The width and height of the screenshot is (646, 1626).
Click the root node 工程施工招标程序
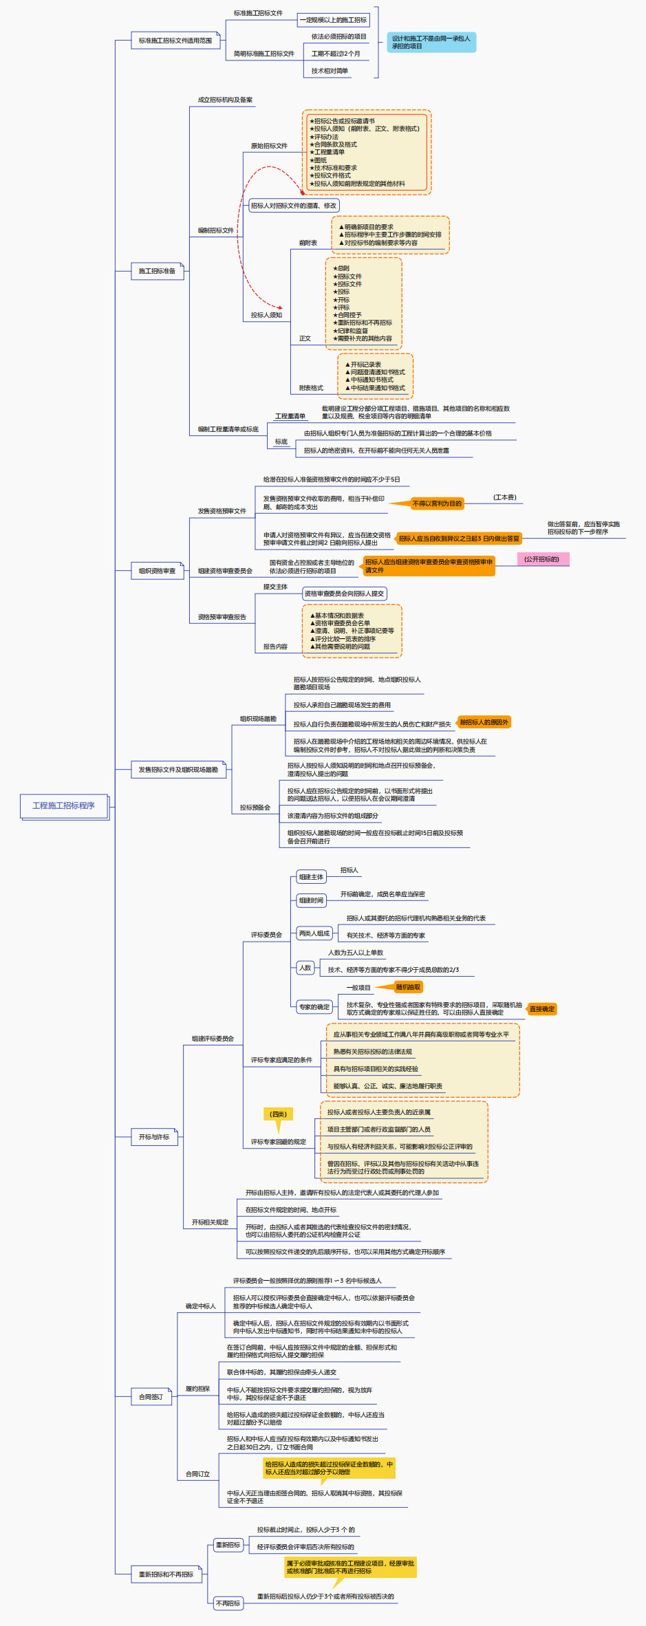tap(63, 805)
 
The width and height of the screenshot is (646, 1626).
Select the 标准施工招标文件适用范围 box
tap(175, 41)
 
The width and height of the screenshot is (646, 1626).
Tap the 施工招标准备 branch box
tap(157, 271)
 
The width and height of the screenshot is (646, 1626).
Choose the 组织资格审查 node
tap(157, 571)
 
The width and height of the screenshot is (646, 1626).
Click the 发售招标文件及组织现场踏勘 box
tap(178, 770)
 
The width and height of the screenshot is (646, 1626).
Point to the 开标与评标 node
tap(154, 1137)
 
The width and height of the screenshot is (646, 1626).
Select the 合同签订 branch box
tap(151, 1397)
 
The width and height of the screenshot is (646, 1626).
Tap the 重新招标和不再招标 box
tap(166, 1574)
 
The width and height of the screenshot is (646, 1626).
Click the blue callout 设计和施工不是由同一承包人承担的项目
tap(431, 42)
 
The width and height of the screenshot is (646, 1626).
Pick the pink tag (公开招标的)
tap(542, 559)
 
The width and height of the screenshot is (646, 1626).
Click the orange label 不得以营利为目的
tap(437, 503)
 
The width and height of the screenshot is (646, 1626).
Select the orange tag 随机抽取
tap(408, 987)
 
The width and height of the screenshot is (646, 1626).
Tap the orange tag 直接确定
tap(541, 1009)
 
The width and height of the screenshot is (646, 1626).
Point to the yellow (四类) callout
tap(278, 1114)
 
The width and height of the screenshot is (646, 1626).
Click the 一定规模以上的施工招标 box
tap(333, 20)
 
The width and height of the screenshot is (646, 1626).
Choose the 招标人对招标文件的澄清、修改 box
tap(294, 206)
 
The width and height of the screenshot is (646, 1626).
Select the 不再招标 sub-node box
tap(228, 1603)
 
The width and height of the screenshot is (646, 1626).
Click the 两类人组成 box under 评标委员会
tap(314, 933)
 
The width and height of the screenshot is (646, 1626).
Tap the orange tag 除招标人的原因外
tap(484, 722)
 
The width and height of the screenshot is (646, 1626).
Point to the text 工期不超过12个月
tap(336, 54)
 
